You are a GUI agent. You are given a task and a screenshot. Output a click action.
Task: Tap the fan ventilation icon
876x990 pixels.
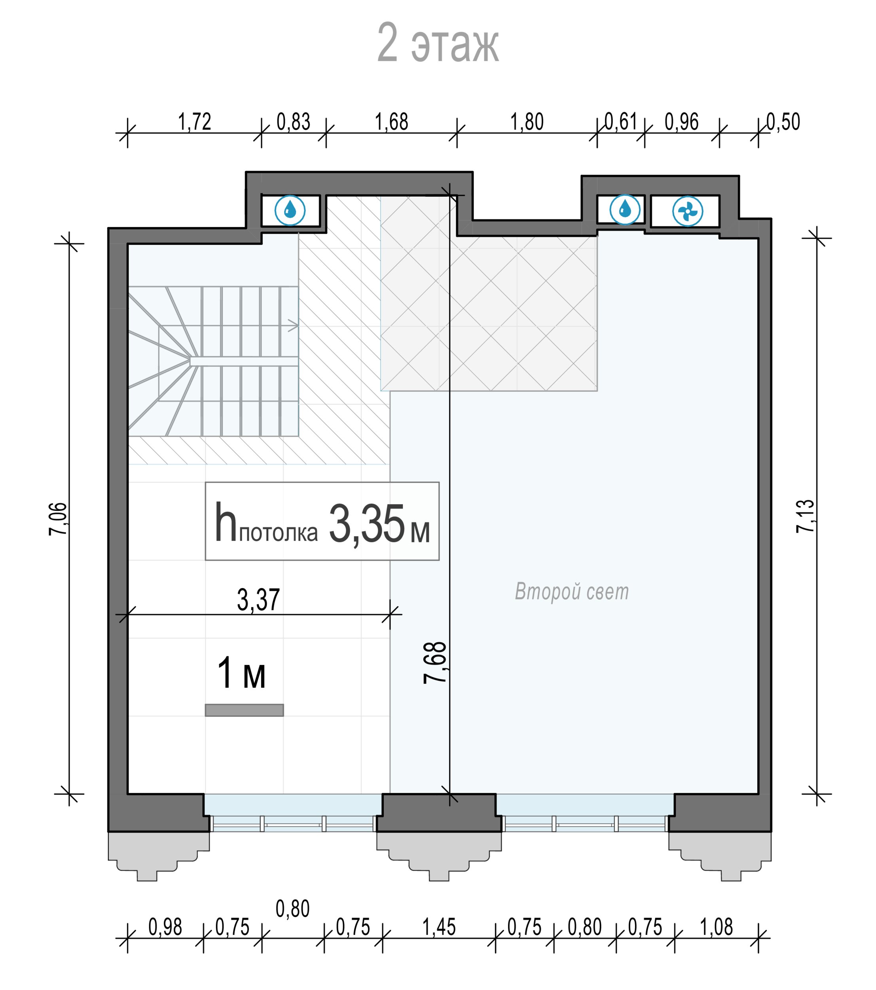coord(687,211)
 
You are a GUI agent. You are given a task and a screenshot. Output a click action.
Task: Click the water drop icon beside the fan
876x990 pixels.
coord(625,210)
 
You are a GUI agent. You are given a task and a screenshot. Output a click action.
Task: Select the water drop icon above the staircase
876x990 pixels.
coord(290,210)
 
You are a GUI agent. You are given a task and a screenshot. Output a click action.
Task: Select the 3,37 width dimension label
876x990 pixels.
coord(258,600)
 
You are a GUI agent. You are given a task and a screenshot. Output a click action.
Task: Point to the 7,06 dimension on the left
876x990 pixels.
coord(58,519)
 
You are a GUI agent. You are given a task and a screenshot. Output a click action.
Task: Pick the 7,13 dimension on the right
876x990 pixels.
coord(805,516)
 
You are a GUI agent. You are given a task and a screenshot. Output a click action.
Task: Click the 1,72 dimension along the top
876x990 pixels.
coord(195,122)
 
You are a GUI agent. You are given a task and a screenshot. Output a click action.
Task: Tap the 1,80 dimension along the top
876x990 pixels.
coord(527,122)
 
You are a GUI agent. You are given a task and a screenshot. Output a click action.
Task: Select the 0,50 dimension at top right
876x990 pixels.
coord(783,122)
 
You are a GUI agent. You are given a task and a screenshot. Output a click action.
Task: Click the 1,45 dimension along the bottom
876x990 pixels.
coord(439,927)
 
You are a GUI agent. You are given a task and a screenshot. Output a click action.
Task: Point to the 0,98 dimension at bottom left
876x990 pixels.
coord(165,927)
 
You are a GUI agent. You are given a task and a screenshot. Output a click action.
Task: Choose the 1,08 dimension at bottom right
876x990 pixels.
coord(716,927)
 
